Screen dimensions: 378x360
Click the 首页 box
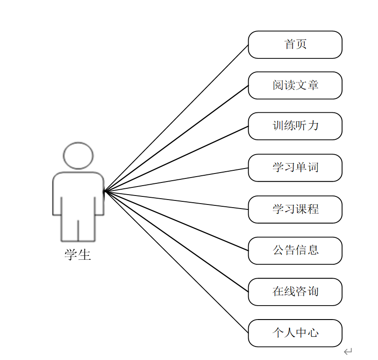(295, 44)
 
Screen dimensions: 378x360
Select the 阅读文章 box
(295, 85)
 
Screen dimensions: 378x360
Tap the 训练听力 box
(295, 126)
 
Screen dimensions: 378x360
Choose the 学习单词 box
(295, 168)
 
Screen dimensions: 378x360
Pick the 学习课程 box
(295, 209)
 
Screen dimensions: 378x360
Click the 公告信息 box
(295, 250)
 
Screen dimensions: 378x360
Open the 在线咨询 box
(295, 292)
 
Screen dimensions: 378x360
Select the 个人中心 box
(295, 333)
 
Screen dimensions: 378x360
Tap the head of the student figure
(78, 156)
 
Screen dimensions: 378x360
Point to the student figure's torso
(78, 193)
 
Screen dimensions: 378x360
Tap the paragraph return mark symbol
(348, 351)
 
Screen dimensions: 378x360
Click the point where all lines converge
(105, 191)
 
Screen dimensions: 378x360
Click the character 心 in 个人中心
(313, 333)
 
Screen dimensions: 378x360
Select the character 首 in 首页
(290, 44)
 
